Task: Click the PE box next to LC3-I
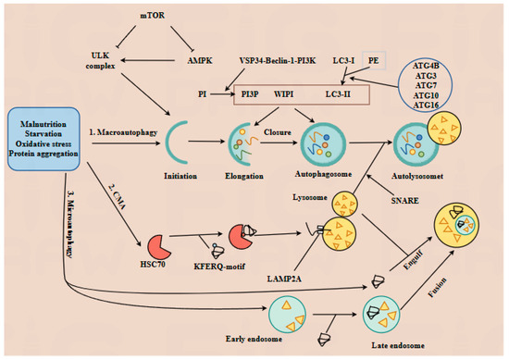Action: point(373,59)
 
